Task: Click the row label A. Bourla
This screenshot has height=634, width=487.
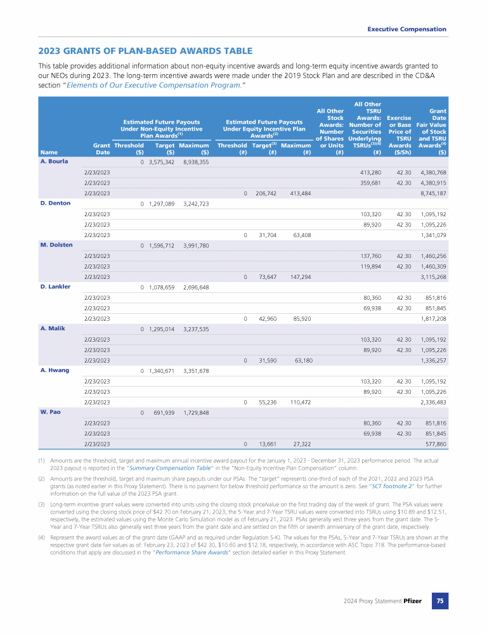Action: tap(53, 161)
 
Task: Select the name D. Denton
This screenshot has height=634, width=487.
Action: tap(55, 203)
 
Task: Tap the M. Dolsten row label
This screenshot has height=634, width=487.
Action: tap(56, 245)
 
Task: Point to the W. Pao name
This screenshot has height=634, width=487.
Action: tap(51, 411)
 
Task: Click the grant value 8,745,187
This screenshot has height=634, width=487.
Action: tap(432, 193)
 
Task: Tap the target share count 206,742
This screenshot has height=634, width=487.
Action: tap(264, 193)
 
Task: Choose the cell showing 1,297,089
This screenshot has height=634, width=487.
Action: tap(162, 204)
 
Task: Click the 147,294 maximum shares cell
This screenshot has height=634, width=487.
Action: tap(297, 276)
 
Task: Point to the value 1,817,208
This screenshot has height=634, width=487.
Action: tap(432, 318)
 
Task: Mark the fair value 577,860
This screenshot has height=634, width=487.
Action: tap(434, 443)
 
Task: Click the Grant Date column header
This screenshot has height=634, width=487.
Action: tap(102, 148)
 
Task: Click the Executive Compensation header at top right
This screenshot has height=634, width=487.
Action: tap(406, 29)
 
